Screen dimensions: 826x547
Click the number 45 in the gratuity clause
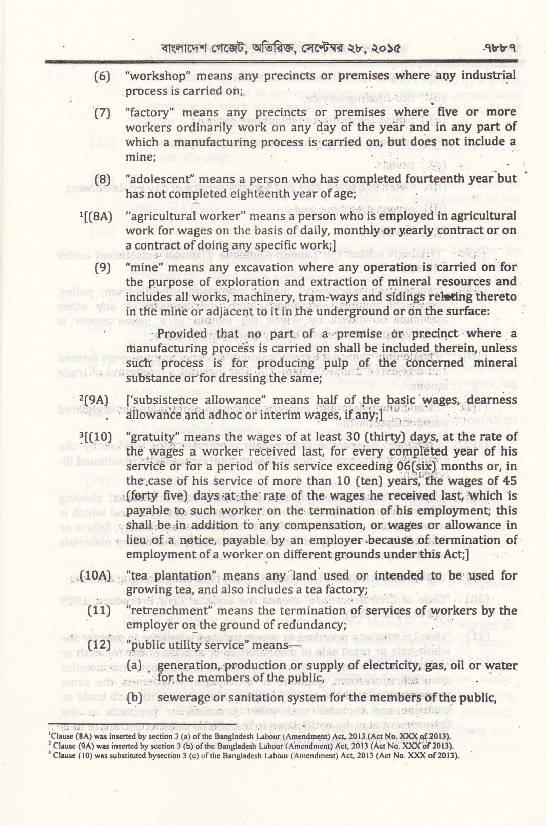point(508,481)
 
